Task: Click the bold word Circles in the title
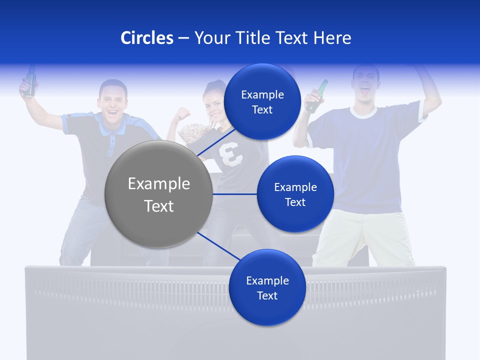146,38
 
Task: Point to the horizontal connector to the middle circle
234,194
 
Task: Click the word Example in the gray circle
158,184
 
